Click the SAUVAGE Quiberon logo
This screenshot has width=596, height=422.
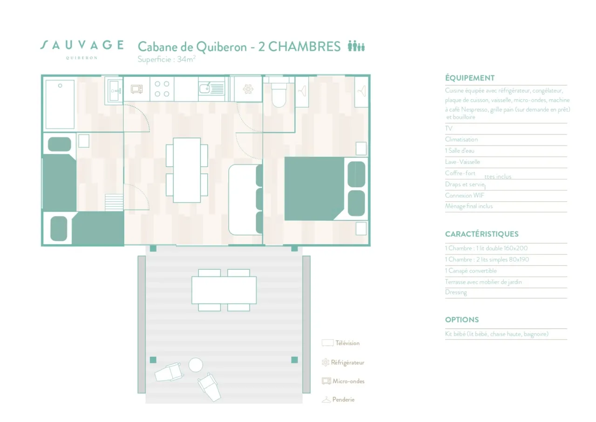click(81, 48)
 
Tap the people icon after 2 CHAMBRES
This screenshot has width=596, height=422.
click(356, 46)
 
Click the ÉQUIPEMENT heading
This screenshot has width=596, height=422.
click(469, 78)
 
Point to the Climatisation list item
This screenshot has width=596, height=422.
click(461, 139)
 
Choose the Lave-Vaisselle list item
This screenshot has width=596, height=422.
click(462, 162)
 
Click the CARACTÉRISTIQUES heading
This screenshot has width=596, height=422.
click(481, 234)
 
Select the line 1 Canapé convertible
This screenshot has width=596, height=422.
click(470, 271)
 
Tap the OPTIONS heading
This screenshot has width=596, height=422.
click(461, 320)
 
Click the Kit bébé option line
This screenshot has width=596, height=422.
click(496, 334)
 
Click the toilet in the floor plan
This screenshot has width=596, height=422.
click(278, 95)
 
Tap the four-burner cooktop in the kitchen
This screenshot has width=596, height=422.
click(162, 89)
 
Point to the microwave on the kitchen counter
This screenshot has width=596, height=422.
click(137, 88)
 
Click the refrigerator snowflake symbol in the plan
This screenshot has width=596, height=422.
click(248, 88)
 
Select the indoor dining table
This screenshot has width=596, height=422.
click(187, 170)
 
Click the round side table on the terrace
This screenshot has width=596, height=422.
click(196, 365)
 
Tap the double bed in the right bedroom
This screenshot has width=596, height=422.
click(315, 188)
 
